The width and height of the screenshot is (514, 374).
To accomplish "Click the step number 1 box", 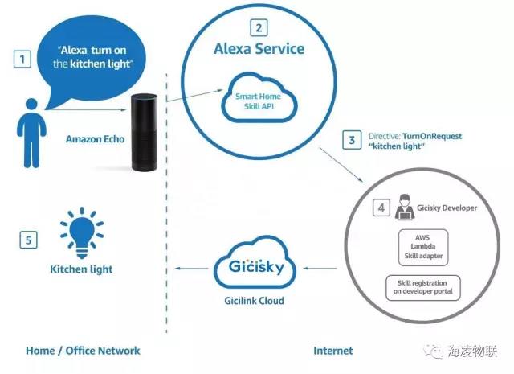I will [x=24, y=59].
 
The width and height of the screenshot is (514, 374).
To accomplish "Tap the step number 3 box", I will [x=350, y=139].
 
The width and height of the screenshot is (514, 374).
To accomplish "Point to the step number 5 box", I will [x=29, y=240].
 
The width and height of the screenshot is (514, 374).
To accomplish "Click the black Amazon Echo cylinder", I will [x=146, y=133].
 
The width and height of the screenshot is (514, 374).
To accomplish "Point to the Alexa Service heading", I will [x=259, y=49].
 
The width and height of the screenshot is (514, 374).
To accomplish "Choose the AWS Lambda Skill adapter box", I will [x=424, y=245].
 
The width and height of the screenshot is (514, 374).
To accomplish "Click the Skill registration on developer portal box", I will [x=423, y=287].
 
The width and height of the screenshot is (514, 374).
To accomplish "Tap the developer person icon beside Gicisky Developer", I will [x=402, y=208].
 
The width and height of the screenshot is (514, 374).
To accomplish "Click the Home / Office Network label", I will [x=83, y=351].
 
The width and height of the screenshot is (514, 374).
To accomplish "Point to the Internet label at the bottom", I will [x=332, y=351].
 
